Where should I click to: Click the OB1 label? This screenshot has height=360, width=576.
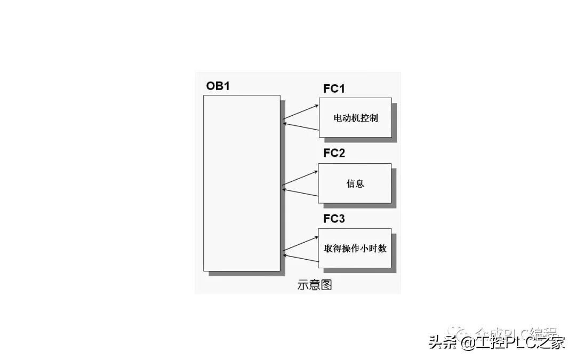(218, 86)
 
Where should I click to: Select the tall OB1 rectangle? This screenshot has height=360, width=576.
(242, 183)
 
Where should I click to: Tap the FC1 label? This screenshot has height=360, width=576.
(334, 89)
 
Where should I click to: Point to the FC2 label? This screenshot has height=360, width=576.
(334, 154)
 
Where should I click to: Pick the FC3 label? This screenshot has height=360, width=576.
(334, 219)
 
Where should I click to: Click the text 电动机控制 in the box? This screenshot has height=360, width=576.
(355, 118)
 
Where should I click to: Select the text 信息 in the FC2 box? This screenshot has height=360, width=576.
(355, 183)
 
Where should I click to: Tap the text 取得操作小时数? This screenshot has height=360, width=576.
(355, 249)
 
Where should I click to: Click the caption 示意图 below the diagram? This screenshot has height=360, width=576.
(315, 285)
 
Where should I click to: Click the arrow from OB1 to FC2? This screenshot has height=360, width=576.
(300, 178)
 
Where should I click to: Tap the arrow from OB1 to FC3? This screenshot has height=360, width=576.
(300, 243)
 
